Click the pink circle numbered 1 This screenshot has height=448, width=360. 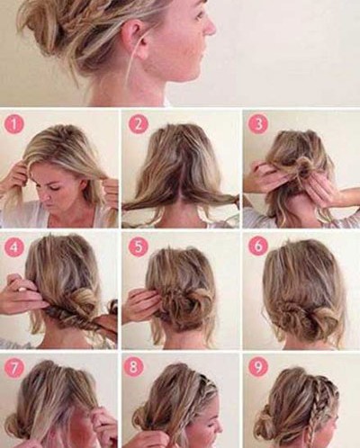pos(13,124)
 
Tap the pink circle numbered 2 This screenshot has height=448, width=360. pos(138,124)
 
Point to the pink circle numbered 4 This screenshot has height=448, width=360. pos(13,246)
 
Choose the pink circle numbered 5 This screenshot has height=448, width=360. pos(138,246)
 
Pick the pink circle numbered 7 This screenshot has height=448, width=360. pos(13,369)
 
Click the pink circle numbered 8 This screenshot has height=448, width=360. pos(138,369)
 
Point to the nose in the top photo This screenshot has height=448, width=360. pos(210,28)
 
